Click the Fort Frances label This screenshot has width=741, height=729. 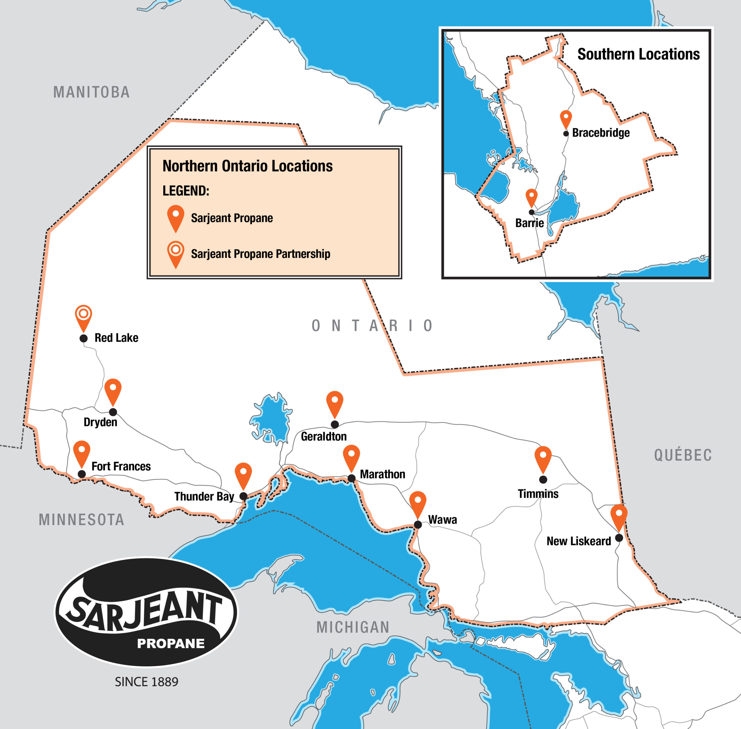121,466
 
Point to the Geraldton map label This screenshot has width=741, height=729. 324,436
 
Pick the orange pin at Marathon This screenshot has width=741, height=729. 351,456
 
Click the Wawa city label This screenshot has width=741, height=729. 442,519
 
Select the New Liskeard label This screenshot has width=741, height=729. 579,541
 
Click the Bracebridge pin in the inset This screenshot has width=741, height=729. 566,118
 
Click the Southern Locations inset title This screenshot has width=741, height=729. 638,54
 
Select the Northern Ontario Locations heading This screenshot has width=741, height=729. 247,166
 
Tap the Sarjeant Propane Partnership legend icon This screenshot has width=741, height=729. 176,253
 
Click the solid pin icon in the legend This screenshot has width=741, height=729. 176,217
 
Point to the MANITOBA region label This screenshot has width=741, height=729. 91,92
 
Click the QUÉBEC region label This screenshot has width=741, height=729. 683,455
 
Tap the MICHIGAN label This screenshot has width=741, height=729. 353,627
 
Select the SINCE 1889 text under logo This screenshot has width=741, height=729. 147,682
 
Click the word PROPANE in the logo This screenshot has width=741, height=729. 171,644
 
